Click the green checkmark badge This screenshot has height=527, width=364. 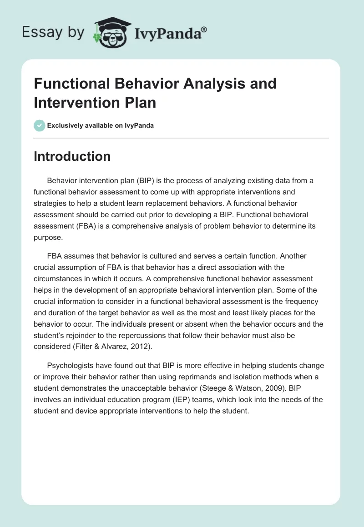(x=40, y=125)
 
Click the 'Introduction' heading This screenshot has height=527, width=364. (x=72, y=156)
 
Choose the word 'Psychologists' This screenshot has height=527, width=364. (x=70, y=365)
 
